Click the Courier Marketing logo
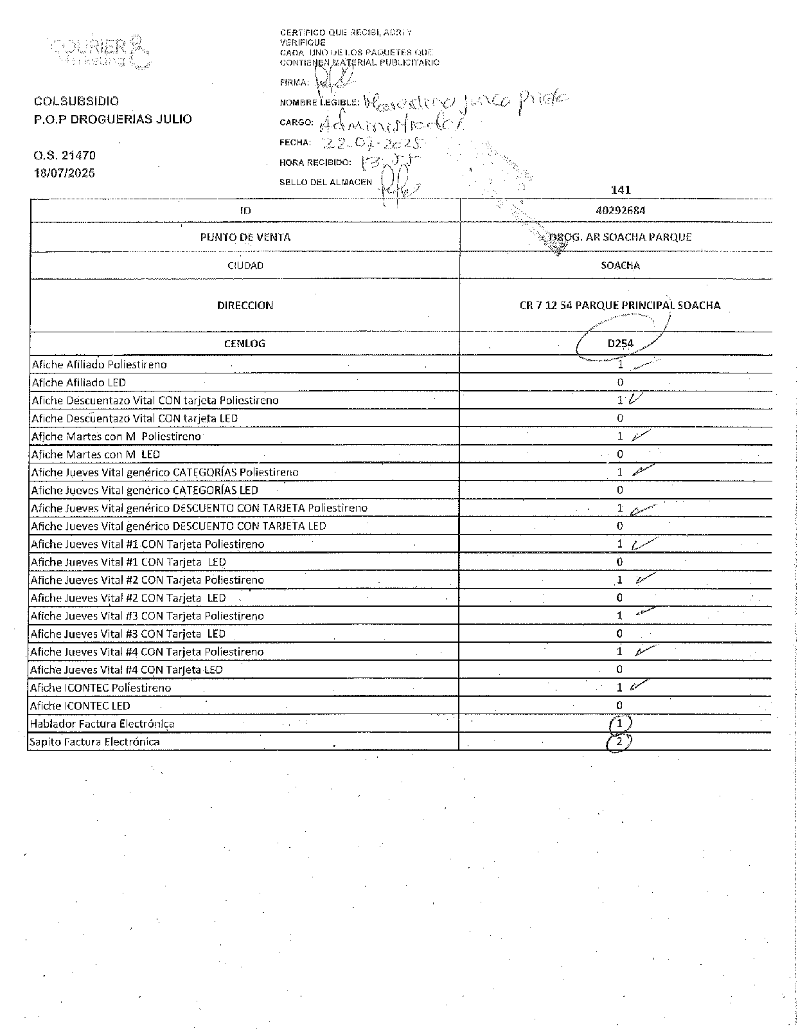(100, 50)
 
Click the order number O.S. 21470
(64, 156)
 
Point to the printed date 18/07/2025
(64, 173)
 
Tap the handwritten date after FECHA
(372, 143)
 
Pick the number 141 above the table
(621, 190)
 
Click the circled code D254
(620, 343)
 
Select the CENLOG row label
(245, 343)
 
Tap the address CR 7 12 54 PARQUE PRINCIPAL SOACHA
(620, 305)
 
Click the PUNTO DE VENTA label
(245, 237)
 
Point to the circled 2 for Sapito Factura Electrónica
(619, 742)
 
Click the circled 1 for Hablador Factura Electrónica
(619, 724)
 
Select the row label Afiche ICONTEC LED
(80, 706)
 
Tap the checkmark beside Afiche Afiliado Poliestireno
(644, 364)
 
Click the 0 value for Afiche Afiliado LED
(620, 382)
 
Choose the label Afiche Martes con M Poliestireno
(116, 436)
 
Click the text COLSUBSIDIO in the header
(76, 101)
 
